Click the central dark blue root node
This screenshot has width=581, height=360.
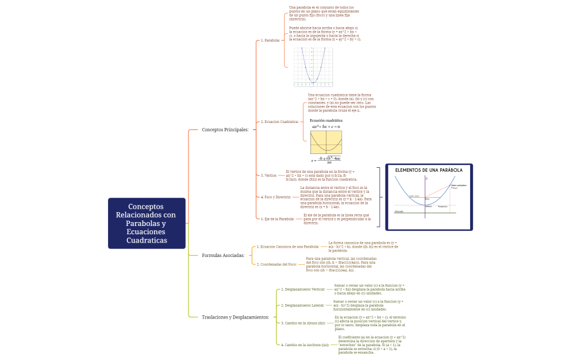(147, 223)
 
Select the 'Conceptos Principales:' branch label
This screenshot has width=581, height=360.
(225, 130)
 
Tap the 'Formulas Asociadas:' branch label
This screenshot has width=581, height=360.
(223, 255)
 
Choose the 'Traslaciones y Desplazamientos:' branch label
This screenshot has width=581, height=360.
(235, 317)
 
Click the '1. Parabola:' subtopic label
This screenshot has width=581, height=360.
(271, 40)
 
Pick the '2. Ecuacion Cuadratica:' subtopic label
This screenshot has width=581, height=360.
(280, 121)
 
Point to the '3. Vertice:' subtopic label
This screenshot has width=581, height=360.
(269, 175)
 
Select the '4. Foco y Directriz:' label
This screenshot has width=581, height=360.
(276, 197)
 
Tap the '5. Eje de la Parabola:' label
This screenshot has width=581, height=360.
(277, 219)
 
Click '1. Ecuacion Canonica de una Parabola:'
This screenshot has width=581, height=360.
(288, 246)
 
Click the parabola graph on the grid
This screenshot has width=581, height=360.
(313, 66)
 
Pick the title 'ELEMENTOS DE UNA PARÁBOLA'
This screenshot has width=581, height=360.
(429, 170)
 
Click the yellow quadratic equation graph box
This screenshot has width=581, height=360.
(326, 142)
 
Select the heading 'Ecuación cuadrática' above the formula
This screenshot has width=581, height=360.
(326, 120)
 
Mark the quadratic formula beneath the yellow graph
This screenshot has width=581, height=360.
(326, 160)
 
